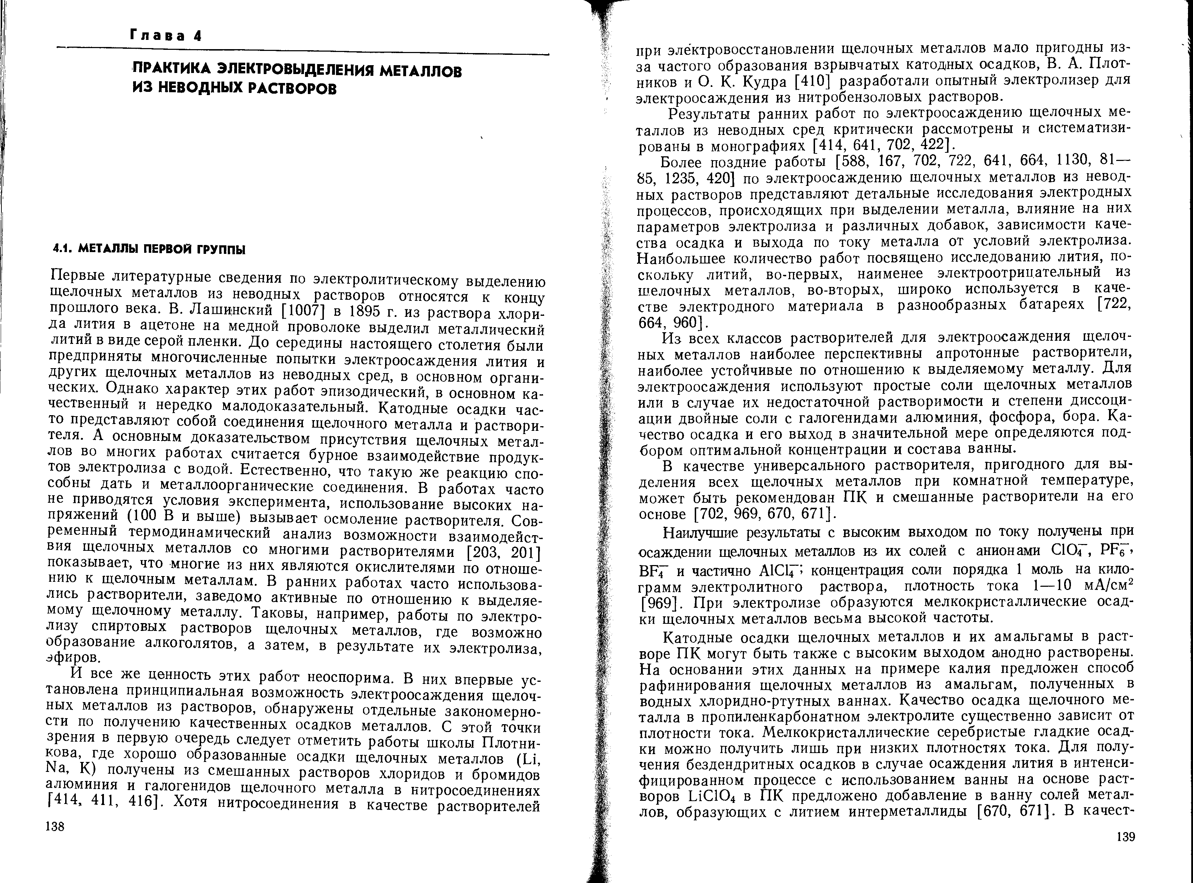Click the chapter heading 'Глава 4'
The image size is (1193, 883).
pos(165,36)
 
